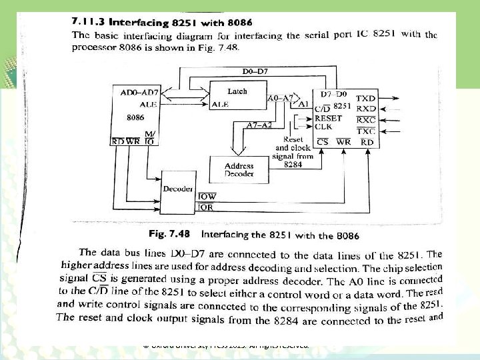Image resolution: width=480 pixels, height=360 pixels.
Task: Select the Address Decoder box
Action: [x=239, y=169]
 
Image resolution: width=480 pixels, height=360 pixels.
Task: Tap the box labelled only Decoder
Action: [x=177, y=189]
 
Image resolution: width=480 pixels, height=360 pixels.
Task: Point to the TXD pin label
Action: [x=366, y=98]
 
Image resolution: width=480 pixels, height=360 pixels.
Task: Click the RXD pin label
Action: [x=366, y=108]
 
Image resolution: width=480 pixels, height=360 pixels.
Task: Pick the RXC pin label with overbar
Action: [x=366, y=119]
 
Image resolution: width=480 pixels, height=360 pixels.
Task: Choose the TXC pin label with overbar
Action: [x=366, y=131]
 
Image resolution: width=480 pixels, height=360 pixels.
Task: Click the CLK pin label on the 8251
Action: [x=323, y=126]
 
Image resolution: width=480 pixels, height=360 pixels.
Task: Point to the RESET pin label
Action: [x=328, y=117]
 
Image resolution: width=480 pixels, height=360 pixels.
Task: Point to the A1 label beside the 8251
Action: [x=303, y=105]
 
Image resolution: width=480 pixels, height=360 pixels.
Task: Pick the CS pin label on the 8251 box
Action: [x=323, y=141]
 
